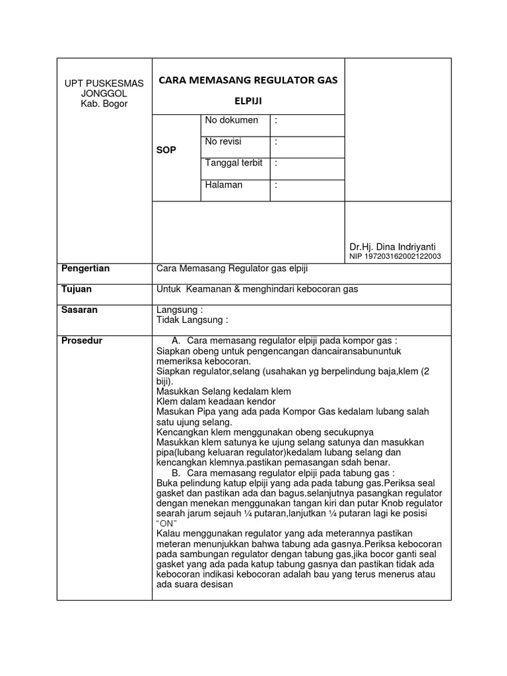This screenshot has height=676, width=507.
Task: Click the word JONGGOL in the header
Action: [x=104, y=94]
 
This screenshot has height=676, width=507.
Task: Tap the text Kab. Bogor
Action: [x=104, y=104]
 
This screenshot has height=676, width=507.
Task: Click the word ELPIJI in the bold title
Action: [x=248, y=102]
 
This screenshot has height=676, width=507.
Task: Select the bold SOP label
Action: [x=166, y=151]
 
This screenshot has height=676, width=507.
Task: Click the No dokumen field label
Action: [x=232, y=121]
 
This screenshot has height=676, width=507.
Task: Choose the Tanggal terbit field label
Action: [x=234, y=163]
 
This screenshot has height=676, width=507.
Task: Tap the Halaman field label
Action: [x=224, y=185]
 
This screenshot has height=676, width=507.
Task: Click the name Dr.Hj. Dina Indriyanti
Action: [x=393, y=246]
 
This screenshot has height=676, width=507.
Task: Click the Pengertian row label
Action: [x=85, y=269]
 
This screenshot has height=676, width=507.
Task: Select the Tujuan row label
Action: [x=76, y=289]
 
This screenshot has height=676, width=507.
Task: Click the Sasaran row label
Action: [x=79, y=310]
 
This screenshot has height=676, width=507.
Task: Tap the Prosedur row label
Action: [x=82, y=341]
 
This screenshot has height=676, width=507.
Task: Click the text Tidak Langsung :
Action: [x=192, y=320]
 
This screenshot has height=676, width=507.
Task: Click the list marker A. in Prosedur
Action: [x=176, y=341]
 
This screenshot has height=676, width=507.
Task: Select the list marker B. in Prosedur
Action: [x=176, y=473]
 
